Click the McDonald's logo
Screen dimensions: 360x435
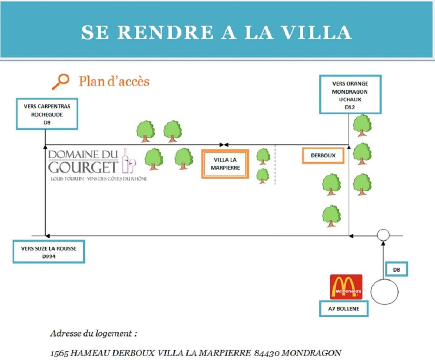click(346, 287)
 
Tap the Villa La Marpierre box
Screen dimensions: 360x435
click(225, 164)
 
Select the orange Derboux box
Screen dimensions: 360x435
click(323, 156)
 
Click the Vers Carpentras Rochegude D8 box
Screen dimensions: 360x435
click(47, 114)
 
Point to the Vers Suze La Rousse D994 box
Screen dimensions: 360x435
click(48, 252)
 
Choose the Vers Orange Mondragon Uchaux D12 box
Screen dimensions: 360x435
click(350, 94)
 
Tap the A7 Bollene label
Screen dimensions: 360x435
click(343, 309)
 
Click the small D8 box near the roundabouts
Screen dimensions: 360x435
click(396, 270)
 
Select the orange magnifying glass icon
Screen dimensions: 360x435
click(60, 82)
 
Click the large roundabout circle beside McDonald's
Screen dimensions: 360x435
click(384, 292)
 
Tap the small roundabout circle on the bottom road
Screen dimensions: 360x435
click(383, 235)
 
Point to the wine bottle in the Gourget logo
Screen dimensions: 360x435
click(125, 161)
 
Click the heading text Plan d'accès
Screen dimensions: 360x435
click(114, 81)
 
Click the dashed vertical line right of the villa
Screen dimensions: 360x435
click(275, 165)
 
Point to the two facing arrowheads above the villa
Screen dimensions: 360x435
click(224, 144)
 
